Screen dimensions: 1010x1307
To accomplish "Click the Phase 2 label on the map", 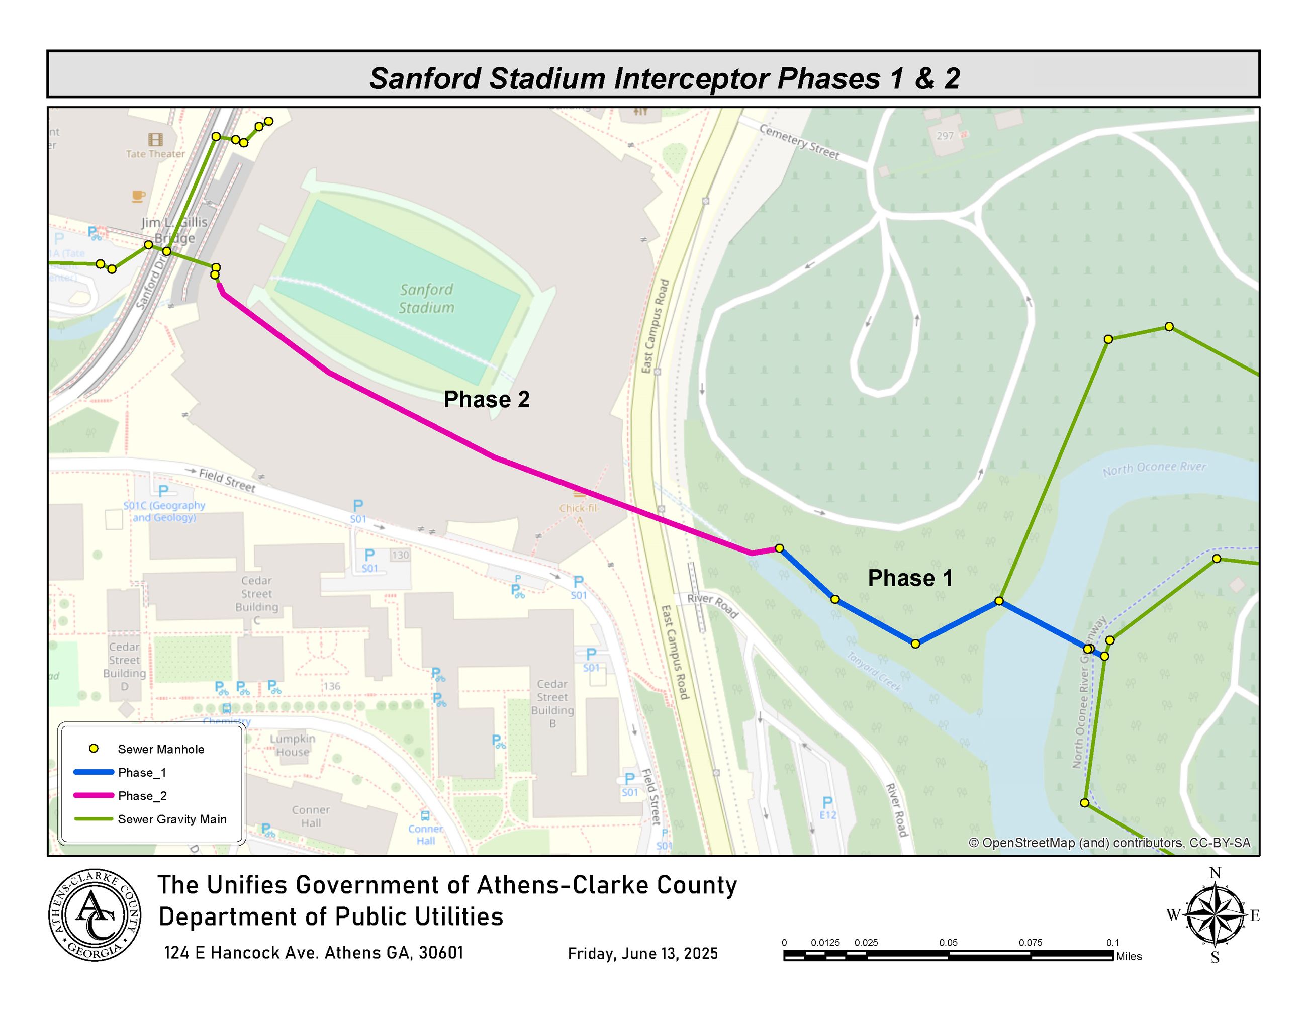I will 487,399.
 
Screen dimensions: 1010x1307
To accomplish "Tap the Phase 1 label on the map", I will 910,578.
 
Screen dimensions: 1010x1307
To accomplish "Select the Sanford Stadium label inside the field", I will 426,298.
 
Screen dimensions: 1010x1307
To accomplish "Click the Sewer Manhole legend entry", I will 160,749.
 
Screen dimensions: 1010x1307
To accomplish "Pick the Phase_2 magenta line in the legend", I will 94,796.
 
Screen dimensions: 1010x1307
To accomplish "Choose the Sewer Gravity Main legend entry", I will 172,819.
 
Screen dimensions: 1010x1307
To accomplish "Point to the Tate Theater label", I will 155,154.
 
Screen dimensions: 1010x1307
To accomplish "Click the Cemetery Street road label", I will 799,142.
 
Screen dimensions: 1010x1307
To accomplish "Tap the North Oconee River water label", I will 1154,468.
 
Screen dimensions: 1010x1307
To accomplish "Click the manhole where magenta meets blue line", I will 779,548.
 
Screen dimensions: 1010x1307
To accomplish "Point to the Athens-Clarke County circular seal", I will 95,915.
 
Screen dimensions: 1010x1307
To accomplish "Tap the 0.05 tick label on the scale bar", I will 948,943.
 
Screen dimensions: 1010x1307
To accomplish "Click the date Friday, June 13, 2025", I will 642,953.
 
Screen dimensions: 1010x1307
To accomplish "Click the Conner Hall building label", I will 311,816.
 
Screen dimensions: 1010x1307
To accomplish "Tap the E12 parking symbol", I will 827,808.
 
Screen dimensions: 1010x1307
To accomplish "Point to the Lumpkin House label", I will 293,745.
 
